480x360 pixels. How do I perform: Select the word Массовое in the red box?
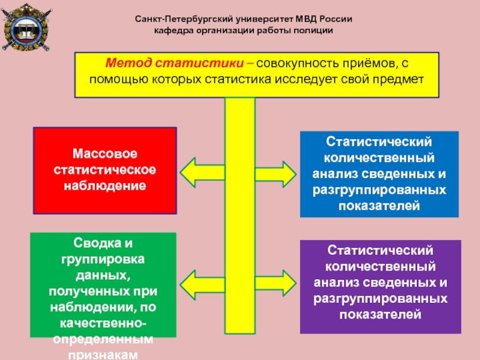coord(105,155)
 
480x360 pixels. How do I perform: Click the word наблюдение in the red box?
coord(105,185)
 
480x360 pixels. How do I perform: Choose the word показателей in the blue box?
coord(379,205)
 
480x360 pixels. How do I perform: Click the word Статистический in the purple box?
coord(380,250)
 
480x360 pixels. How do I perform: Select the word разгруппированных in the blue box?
coord(379,190)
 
